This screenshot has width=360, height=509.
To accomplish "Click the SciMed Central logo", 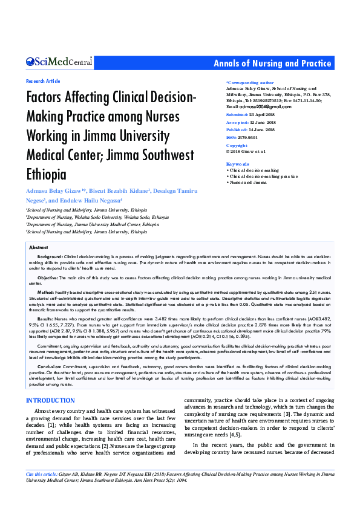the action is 59,62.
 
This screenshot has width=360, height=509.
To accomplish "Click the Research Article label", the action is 44,80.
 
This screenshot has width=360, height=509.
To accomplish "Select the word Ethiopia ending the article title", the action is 45,175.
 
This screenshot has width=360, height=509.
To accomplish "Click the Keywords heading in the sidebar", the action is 237,164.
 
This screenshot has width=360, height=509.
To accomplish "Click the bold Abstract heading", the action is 38,248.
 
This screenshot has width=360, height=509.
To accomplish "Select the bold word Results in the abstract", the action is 46,318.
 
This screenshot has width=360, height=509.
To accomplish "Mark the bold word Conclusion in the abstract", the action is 50,349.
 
